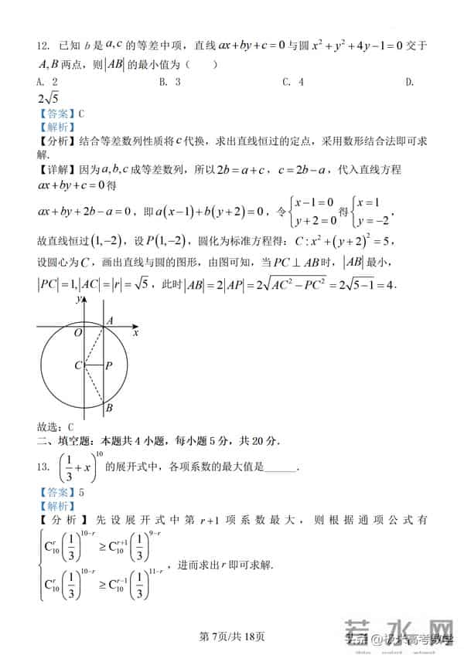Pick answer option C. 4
[x=292, y=82]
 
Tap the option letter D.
[x=410, y=82]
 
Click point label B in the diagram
[x=109, y=408]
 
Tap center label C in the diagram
[x=78, y=365]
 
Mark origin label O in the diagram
[x=78, y=332]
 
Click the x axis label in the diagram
[x=135, y=333]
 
